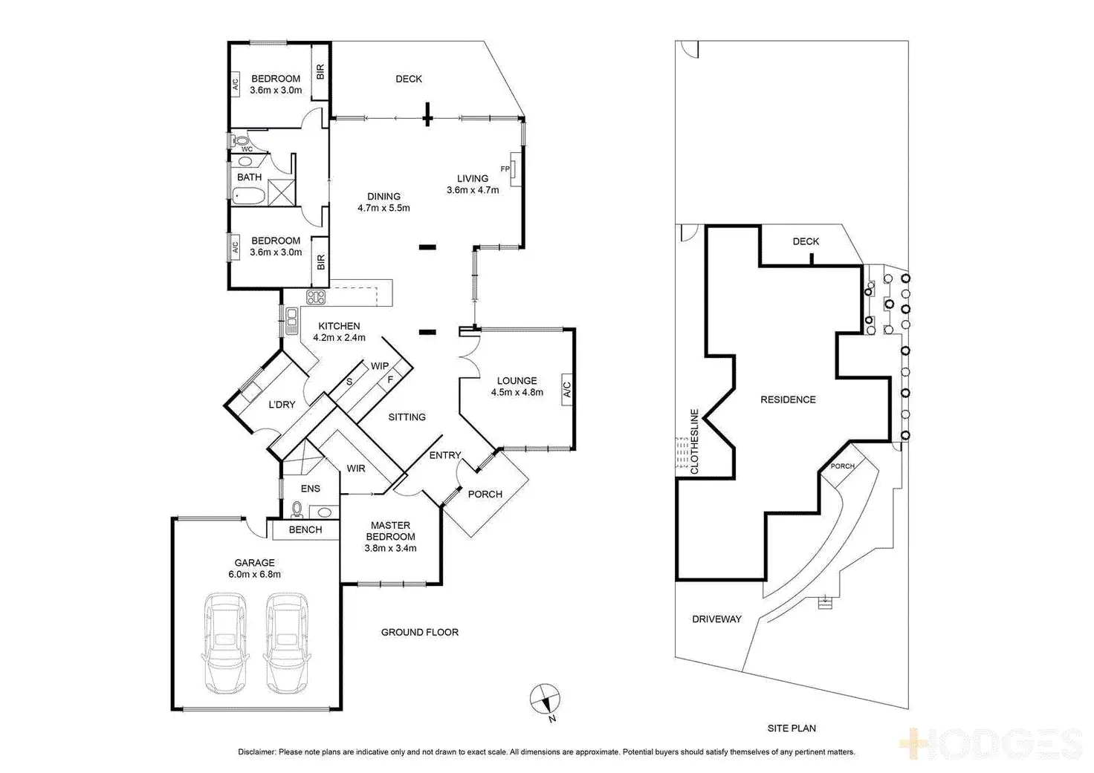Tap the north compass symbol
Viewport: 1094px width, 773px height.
click(x=545, y=699)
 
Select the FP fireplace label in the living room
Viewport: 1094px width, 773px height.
click(x=505, y=169)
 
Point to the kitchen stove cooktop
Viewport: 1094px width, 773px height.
click(x=316, y=298)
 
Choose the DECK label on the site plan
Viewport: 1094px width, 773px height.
click(x=806, y=241)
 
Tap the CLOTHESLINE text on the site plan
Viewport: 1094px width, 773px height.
click(x=695, y=442)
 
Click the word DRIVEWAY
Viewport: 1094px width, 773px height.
click(x=716, y=619)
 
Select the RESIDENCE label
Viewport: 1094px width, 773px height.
click(x=788, y=399)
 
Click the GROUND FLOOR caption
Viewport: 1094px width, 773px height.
click(x=420, y=632)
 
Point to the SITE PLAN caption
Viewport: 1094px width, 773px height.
click(x=792, y=728)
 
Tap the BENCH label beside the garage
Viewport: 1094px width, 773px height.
click(x=305, y=529)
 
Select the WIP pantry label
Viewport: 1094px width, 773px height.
click(x=380, y=366)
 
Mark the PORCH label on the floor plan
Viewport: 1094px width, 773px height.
click(x=485, y=494)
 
